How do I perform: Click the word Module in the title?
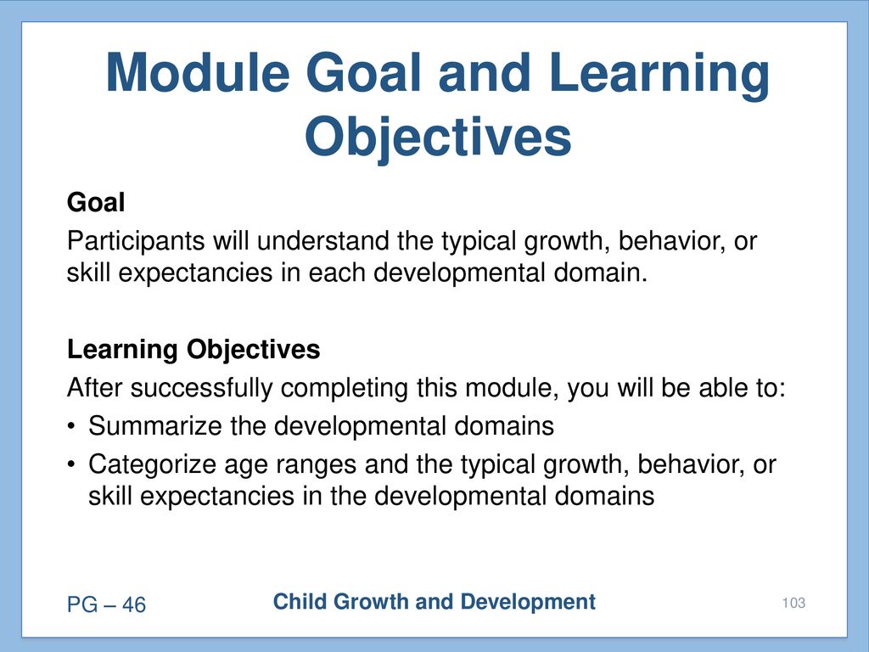[x=198, y=73]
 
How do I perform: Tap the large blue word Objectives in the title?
[x=438, y=138]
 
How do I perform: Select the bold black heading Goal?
[x=96, y=202]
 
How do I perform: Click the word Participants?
[x=136, y=241]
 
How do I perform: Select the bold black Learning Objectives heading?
[x=193, y=350]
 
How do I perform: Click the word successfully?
[x=202, y=387]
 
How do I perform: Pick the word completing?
[x=345, y=388]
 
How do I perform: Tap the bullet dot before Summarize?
[x=71, y=427]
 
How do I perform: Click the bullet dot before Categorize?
[x=71, y=464]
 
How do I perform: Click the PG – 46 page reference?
[x=106, y=604]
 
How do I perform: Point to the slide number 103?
[x=793, y=604]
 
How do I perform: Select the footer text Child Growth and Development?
[x=434, y=602]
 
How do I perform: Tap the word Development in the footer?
[x=528, y=602]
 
